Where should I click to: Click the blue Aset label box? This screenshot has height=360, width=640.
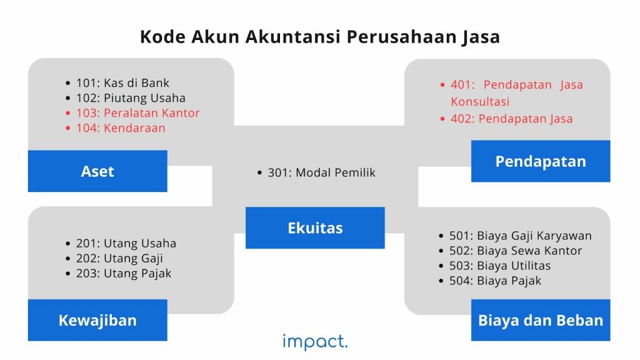pos(97,171)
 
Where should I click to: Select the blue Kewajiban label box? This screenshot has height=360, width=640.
pos(97,321)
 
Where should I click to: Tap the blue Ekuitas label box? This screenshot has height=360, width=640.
pos(315,228)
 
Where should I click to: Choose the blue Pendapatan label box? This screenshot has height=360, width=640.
pos(541,161)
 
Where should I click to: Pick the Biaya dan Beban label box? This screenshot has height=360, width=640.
pos(541,321)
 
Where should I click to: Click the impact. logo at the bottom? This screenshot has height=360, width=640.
pos(315,341)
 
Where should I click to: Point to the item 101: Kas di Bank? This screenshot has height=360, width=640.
pos(122,83)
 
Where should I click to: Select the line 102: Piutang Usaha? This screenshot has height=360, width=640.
pos(131,98)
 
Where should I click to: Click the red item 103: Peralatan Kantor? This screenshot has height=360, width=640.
pos(137,113)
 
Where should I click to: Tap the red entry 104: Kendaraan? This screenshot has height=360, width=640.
pos(121,128)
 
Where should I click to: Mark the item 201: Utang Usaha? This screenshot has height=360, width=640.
pos(126,244)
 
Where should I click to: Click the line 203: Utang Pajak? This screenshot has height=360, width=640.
pos(124,274)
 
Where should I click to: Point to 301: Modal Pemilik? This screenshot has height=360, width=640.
pos(321,173)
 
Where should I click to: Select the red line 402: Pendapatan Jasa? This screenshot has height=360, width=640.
pos(511,119)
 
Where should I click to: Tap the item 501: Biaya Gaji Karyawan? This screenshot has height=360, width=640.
pos(520,236)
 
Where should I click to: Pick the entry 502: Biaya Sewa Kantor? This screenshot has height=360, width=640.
pos(516,251)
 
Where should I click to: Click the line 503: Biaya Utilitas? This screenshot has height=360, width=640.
pos(500,266)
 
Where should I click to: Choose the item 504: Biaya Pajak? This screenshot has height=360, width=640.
pos(495,281)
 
